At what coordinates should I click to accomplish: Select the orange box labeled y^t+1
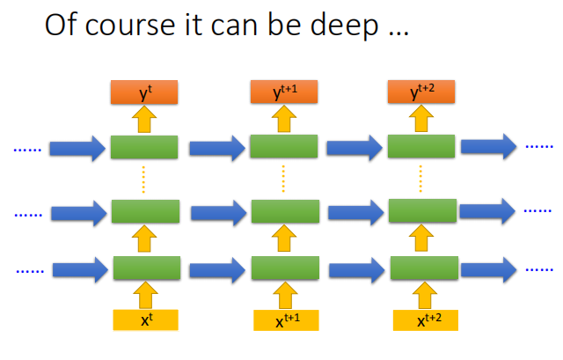pyautogui.click(x=283, y=90)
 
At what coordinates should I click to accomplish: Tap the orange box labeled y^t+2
pyautogui.click(x=421, y=90)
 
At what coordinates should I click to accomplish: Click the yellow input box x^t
pyautogui.click(x=145, y=320)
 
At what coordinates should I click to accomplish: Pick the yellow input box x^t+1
pyautogui.click(x=284, y=321)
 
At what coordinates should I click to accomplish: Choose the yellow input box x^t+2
pyautogui.click(x=424, y=320)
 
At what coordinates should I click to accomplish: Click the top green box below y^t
pyautogui.click(x=145, y=147)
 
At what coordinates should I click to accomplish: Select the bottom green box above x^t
pyautogui.click(x=147, y=268)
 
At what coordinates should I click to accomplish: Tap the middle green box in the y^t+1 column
pyautogui.click(x=284, y=211)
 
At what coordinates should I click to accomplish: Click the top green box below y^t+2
pyautogui.click(x=422, y=147)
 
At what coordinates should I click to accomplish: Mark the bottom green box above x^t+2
pyautogui.click(x=423, y=268)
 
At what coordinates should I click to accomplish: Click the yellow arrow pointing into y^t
pyautogui.click(x=145, y=118)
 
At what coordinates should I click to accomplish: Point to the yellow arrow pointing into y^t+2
pyautogui.click(x=421, y=118)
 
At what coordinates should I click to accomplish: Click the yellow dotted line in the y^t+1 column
pyautogui.click(x=283, y=180)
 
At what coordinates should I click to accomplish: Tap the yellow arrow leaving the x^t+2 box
pyautogui.click(x=423, y=294)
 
